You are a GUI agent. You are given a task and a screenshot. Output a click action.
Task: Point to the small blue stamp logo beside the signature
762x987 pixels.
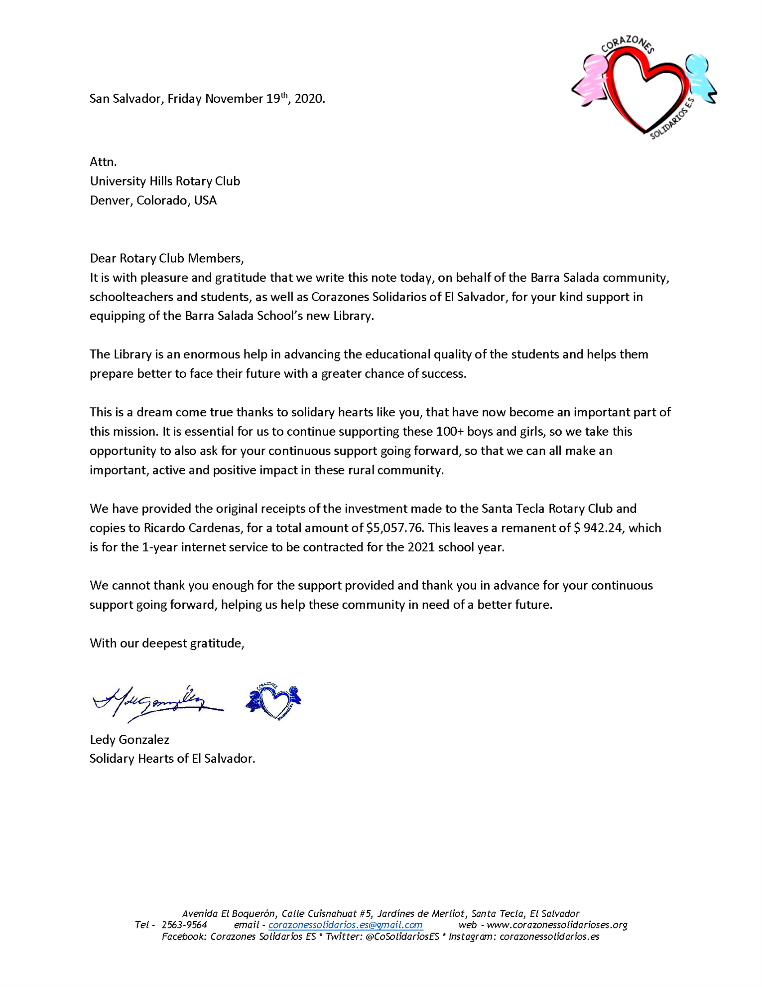273,700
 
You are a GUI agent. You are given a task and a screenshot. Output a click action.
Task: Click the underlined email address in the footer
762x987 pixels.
345,925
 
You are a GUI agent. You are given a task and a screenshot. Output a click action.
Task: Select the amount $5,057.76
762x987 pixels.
391,528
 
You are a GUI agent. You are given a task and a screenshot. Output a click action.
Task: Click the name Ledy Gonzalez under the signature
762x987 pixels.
129,739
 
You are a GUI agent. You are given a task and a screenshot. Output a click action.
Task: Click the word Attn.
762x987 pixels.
103,162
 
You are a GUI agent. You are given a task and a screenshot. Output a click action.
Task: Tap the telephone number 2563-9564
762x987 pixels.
184,925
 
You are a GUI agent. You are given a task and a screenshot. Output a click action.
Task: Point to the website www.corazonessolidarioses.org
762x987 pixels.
557,925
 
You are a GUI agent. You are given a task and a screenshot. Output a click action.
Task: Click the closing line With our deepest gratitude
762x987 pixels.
167,643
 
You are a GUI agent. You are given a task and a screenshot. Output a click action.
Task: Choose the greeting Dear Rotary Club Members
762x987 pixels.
167,258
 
